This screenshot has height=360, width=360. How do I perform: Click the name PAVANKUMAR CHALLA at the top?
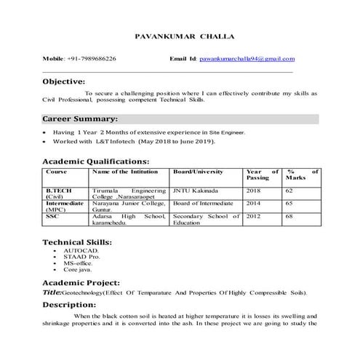tap(180, 36)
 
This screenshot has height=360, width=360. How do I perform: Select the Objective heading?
tap(64, 82)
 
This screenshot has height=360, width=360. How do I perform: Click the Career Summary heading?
tap(79, 119)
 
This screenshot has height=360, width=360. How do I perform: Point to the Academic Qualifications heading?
tap(96, 161)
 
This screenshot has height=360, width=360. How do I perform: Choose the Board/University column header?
tap(197, 172)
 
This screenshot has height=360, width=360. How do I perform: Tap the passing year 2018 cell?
tap(254, 190)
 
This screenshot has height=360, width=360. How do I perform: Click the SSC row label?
tap(52, 216)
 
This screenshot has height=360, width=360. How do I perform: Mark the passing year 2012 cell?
tap(254, 216)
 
